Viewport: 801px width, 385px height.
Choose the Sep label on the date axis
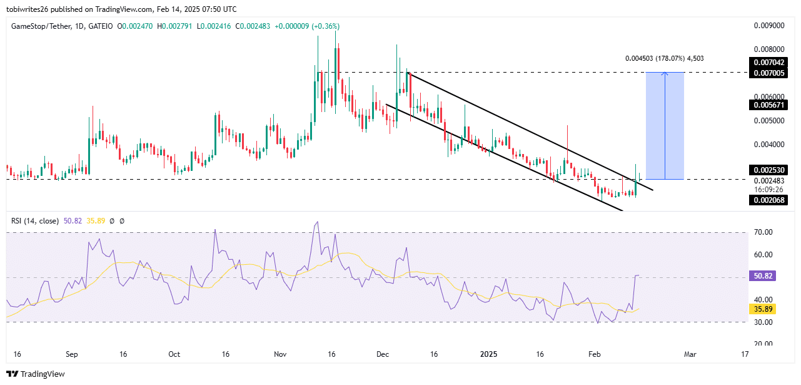72,354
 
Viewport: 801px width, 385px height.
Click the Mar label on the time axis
690,354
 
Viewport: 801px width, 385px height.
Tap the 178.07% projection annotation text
668,59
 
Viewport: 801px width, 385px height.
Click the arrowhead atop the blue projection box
665,74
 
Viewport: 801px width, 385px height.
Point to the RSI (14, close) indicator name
35,221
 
